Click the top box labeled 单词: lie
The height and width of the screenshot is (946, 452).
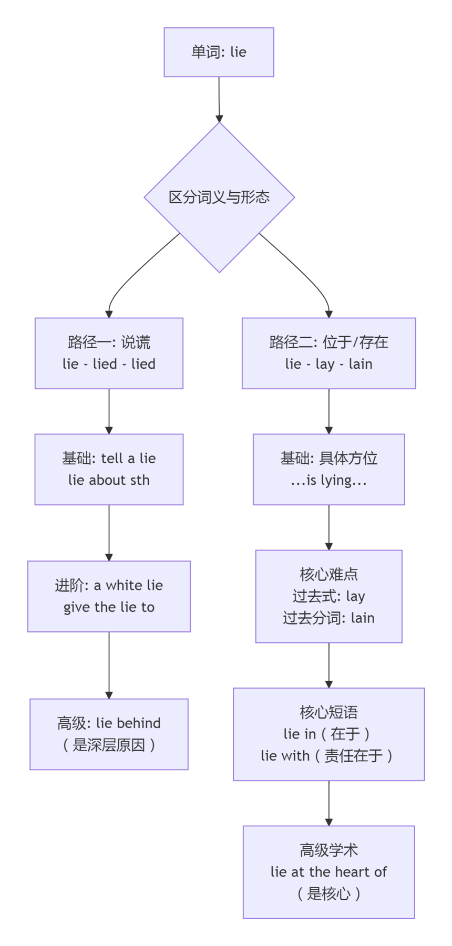pos(219,52)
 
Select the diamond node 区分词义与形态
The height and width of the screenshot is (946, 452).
pos(219,197)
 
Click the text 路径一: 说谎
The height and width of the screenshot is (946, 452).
pos(109,342)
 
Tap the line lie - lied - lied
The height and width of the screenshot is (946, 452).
pos(109,364)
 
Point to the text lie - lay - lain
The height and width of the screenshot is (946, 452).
pos(328,364)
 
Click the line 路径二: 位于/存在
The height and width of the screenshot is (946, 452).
pos(328,342)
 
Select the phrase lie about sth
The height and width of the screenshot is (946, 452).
pos(109,480)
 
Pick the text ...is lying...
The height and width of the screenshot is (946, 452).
pos(328,480)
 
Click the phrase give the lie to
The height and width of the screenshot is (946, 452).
pos(109,607)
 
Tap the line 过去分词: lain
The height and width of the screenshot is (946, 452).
pos(328,618)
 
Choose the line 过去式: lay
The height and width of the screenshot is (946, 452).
pos(328,596)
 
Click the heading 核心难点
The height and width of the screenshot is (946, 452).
pos(328,575)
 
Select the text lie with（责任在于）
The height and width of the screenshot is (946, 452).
pos(328,756)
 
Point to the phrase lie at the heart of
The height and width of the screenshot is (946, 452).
pos(328,872)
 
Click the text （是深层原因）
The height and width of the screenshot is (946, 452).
pos(109,745)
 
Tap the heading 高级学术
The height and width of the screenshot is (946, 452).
pos(328,850)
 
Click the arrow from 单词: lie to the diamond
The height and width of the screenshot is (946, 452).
pos(219,100)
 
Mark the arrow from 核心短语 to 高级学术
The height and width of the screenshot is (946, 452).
pos(329,803)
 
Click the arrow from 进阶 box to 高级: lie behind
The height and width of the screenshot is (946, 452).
pos(109,664)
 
